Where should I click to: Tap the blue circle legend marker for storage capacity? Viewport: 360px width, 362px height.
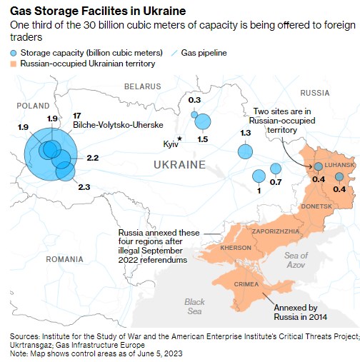14,54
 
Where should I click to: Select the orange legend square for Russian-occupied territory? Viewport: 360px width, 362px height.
14,64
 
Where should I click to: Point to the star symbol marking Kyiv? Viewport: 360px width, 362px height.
180,138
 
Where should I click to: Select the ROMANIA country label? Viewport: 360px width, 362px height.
64,259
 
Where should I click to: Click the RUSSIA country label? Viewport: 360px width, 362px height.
314,93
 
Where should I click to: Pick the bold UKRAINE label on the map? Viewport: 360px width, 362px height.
179,165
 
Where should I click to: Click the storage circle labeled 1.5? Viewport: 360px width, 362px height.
202,122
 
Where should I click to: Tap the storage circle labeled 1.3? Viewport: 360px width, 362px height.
245,151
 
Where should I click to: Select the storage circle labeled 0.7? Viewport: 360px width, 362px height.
276,169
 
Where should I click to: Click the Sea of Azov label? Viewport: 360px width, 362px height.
295,260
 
